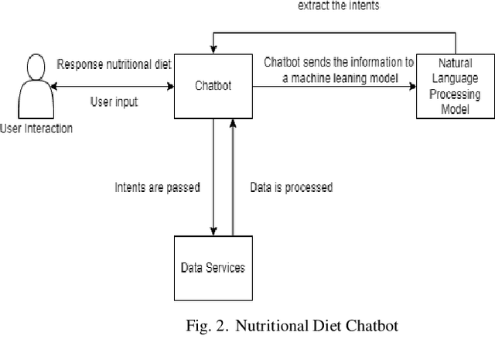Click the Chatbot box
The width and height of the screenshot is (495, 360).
[x=213, y=84]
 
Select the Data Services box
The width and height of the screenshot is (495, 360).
[x=213, y=268]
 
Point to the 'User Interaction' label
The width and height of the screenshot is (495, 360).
[x=36, y=129]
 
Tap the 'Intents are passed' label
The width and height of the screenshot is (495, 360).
[x=157, y=187]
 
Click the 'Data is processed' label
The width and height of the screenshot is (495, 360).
[x=291, y=187]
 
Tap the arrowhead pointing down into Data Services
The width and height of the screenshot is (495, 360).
[x=213, y=231]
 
